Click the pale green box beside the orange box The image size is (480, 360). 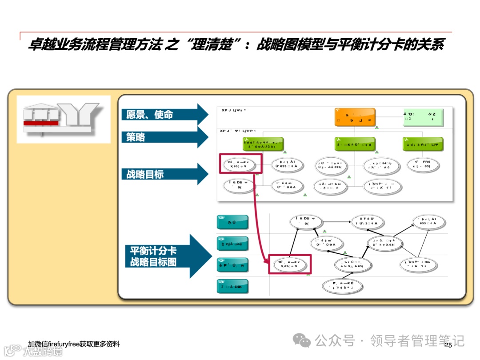pyautogui.click(x=422, y=116)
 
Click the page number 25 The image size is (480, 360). pyautogui.click(x=448, y=345)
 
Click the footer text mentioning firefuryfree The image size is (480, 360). pyautogui.click(x=73, y=344)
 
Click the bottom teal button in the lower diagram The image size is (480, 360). pyautogui.click(x=232, y=286)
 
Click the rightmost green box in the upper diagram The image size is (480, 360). pyautogui.click(x=423, y=144)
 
